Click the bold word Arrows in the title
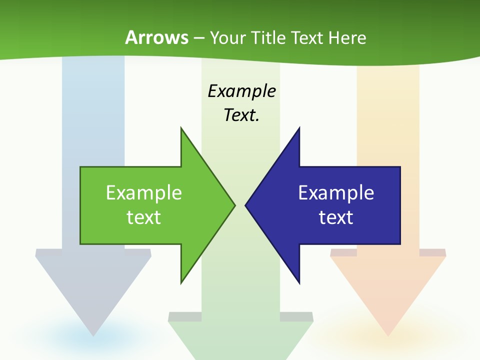(157, 37)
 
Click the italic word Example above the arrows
(242, 91)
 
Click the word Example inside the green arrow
(144, 193)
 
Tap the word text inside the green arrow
(144, 217)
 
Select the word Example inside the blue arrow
(336, 193)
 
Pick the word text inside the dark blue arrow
(336, 217)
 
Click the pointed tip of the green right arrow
(234, 204)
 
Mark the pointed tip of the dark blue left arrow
(246, 204)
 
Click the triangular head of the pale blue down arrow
(93, 285)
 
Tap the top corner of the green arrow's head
(181, 128)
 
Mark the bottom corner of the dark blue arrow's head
(299, 282)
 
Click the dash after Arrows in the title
(198, 38)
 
